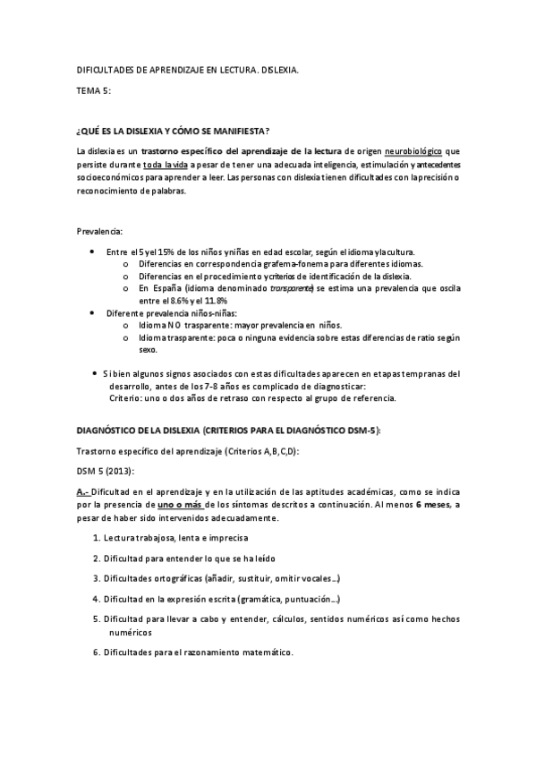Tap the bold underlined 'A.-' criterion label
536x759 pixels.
click(83, 492)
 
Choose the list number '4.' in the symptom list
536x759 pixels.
click(96, 598)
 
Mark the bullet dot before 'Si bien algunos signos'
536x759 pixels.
click(96, 372)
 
